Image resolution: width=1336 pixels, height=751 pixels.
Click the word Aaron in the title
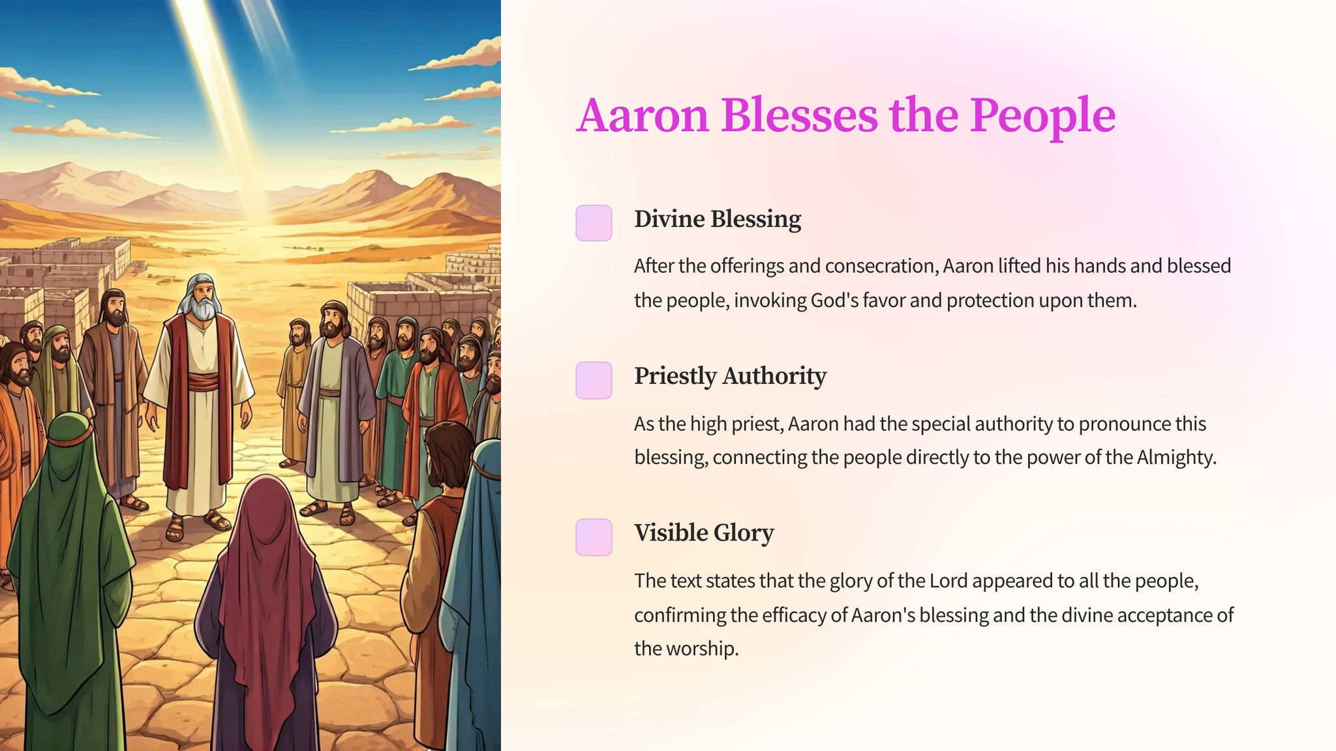pos(643,115)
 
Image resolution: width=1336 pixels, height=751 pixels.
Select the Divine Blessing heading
pos(718,219)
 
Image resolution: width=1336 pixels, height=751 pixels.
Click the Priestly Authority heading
pos(730,376)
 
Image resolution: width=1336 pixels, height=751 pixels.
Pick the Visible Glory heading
pos(704,533)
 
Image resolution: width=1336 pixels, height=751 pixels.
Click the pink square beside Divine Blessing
pos(594,223)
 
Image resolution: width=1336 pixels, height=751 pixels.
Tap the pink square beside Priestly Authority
pos(594,380)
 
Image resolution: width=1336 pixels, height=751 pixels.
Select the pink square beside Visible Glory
pos(594,537)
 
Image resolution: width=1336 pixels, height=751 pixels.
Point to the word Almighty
pos(1176,458)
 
